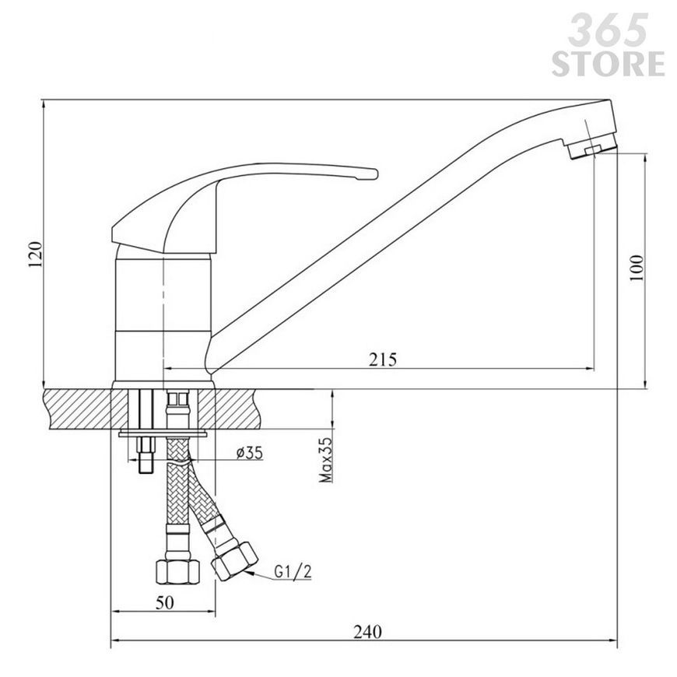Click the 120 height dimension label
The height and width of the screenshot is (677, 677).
pos(35,254)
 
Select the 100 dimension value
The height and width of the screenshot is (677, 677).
pos(636,268)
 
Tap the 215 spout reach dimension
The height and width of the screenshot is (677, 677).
pos(383,360)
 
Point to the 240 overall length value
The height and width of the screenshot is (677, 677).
pos(368,632)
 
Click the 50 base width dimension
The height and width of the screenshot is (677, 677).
pos(164,602)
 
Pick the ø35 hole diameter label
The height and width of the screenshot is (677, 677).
pos(249,452)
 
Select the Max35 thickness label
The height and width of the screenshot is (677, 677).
pos(326,460)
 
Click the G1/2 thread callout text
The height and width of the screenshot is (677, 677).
pos(293,572)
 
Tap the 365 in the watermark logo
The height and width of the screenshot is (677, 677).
pos(608,30)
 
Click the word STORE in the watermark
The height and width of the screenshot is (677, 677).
pos(608,64)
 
